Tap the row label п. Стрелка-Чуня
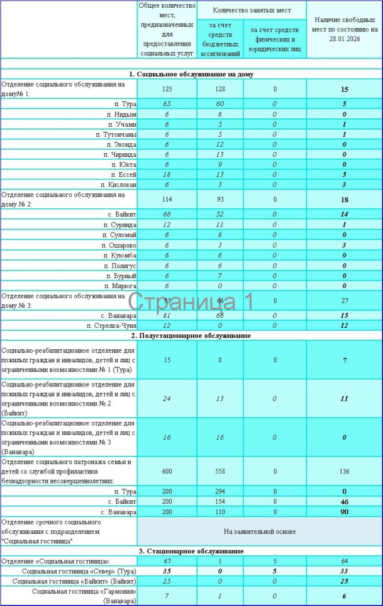pos(112,326)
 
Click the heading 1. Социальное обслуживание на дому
pos(192,74)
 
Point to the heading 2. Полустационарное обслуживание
pos(192,336)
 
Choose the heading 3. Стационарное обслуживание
pos(192,551)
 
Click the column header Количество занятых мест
pos(251,10)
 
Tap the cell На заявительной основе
pos(260,531)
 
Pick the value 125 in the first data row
pos(166,89)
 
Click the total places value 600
pos(166,472)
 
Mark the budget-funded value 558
pos(220,472)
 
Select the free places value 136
pos(344,472)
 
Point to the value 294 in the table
pos(220,492)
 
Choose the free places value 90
pos(344,511)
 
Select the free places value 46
pos(344,501)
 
